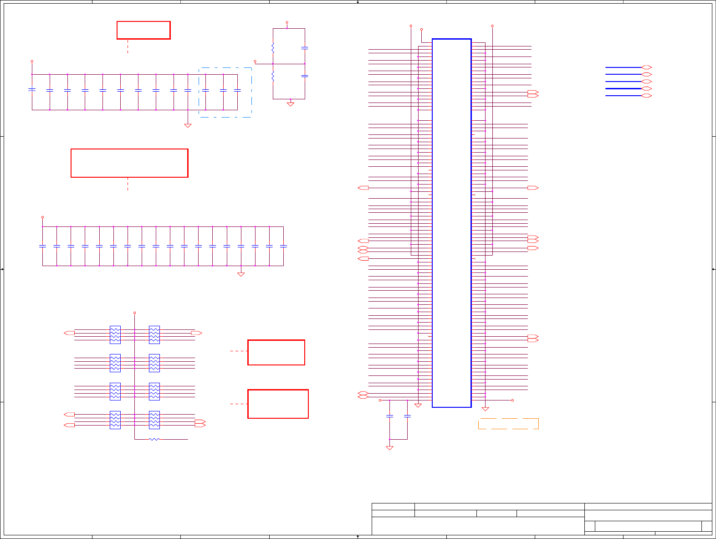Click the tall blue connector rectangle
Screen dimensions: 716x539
451,223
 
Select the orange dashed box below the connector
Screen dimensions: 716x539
508,424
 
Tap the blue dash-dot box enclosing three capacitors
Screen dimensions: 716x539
225,92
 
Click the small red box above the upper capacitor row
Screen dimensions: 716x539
143,30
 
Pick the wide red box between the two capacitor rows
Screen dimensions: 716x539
129,163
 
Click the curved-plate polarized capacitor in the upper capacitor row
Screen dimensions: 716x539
32,90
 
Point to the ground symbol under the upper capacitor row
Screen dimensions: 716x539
188,125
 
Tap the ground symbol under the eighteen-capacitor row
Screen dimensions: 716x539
241,274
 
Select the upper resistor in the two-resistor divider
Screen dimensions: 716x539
273,47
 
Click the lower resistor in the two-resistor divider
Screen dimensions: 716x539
273,76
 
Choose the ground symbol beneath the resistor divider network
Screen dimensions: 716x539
290,104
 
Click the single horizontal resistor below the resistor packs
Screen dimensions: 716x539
154,439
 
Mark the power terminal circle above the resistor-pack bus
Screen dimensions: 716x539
134,313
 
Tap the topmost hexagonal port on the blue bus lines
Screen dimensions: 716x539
646,67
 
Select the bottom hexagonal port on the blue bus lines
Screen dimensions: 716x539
646,96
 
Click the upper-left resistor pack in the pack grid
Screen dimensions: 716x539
115,335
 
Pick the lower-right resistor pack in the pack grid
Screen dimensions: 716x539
154,420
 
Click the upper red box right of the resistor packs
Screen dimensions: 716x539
276,352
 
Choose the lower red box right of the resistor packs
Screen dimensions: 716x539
278,404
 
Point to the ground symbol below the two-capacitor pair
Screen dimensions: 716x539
389,448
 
